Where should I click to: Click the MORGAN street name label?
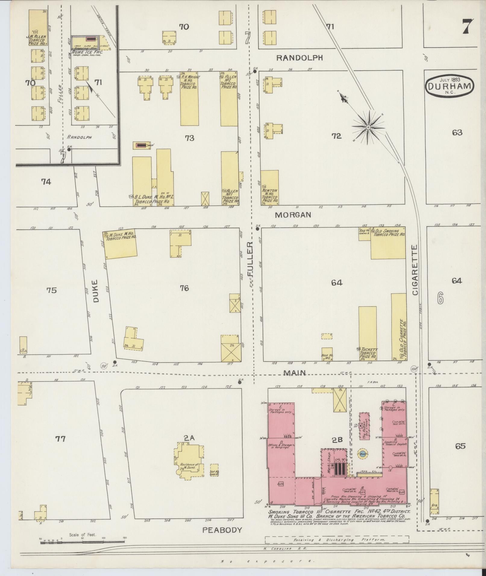pyautogui.click(x=293, y=215)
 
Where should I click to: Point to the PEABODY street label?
pyautogui.click(x=222, y=530)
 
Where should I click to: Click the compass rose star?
pyautogui.click(x=368, y=127)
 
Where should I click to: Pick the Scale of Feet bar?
pyautogui.click(x=83, y=542)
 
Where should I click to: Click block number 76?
pyautogui.click(x=184, y=288)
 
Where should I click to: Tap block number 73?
pyautogui.click(x=190, y=138)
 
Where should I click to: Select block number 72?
pyautogui.click(x=336, y=136)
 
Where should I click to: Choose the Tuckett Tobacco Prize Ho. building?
pyautogui.click(x=367, y=333)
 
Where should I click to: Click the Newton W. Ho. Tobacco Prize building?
pyautogui.click(x=269, y=188)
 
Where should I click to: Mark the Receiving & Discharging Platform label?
pyautogui.click(x=337, y=540)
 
